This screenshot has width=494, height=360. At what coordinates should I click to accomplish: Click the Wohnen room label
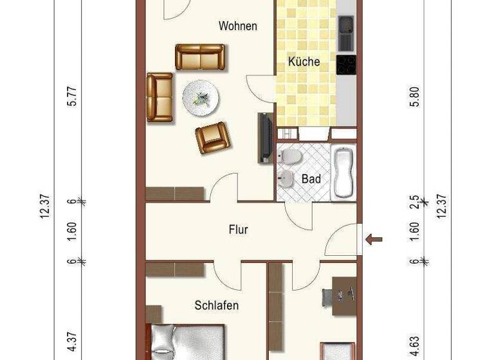point(238,26)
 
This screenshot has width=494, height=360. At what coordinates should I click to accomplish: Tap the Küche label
point(304,62)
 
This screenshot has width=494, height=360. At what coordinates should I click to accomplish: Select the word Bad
point(311,179)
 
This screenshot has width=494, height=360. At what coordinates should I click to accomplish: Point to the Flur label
point(239,229)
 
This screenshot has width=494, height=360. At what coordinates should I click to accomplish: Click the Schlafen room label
point(217,305)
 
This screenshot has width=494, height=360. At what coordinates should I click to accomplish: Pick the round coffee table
point(201,98)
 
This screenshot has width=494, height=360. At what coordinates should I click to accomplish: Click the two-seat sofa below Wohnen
point(200,57)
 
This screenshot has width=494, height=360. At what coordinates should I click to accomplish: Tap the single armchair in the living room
point(212,136)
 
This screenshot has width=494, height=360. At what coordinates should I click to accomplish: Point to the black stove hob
point(346,65)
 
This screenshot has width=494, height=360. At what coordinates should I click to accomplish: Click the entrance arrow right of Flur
point(374,239)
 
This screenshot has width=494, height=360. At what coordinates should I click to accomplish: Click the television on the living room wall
point(264,137)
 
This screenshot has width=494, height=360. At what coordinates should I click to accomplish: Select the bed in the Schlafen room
point(187,342)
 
